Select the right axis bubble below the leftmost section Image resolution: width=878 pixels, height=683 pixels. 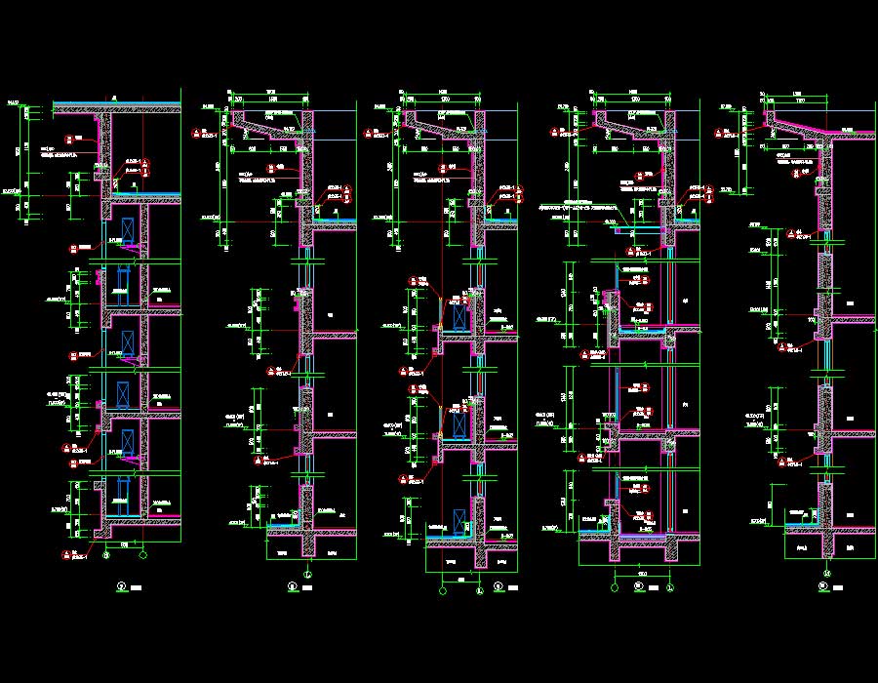pos(143,556)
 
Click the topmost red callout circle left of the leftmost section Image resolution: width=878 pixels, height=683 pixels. pos(69,139)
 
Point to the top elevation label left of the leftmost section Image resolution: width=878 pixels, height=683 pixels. pos(14,101)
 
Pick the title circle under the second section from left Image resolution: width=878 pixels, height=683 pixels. pos(292,586)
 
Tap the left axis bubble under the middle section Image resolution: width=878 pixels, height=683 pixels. pos(444,588)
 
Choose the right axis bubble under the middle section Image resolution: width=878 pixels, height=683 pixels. pos(479,588)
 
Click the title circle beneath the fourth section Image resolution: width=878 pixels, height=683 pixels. pos(638,586)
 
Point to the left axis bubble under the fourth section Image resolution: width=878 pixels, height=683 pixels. pos(615,588)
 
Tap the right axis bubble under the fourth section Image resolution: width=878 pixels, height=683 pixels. pos(670,588)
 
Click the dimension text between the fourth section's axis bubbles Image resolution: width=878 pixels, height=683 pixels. pos(642,571)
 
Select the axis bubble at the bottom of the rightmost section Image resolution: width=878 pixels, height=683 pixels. pos(827,572)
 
